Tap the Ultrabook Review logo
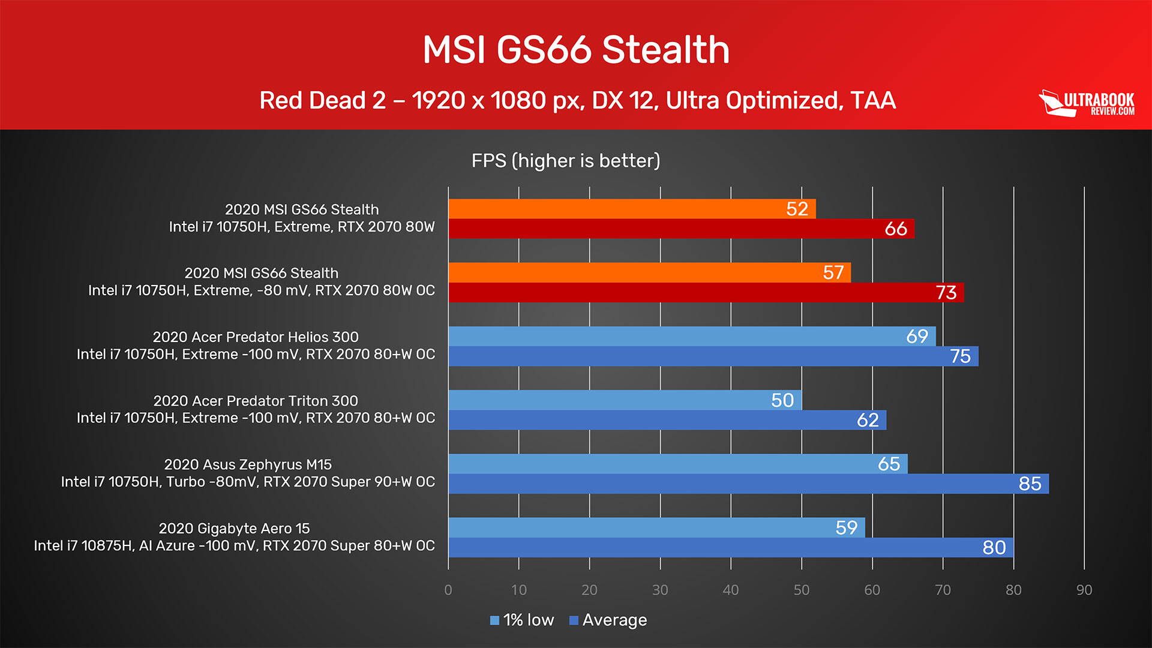pos(1087,103)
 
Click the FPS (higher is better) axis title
pos(566,161)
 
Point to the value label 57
pos(833,272)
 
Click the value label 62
pos(868,420)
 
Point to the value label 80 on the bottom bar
pos(994,547)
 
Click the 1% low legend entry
pos(522,620)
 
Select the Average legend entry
pos(608,620)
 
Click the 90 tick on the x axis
pos(1084,590)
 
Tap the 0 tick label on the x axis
pos(448,590)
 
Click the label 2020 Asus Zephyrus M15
pos(248,464)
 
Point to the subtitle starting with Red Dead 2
pos(577,100)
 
